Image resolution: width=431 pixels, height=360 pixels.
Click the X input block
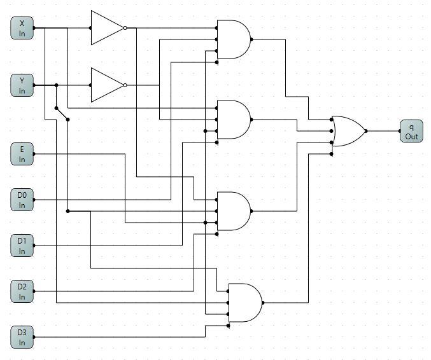(x=22, y=28)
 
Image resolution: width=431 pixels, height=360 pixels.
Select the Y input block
(x=22, y=85)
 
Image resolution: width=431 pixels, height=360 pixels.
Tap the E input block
(x=22, y=154)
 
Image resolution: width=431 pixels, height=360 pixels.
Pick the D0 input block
(x=22, y=200)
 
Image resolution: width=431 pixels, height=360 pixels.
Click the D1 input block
(x=22, y=246)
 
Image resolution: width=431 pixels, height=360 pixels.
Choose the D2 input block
(x=22, y=291)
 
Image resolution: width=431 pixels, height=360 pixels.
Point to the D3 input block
(x=22, y=336)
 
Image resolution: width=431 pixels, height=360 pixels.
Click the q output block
(x=411, y=131)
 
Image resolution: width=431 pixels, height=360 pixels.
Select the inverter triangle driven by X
(x=106, y=28)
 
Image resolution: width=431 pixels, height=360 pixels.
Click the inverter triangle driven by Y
(x=106, y=85)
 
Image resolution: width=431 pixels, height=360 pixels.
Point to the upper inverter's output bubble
(x=125, y=28)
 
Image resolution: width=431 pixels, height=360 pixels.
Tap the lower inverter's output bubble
(x=125, y=85)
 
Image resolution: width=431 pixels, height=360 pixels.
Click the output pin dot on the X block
(x=34, y=28)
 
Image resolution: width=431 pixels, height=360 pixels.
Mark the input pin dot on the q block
(x=400, y=131)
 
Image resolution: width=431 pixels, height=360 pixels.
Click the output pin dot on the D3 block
(x=34, y=337)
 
